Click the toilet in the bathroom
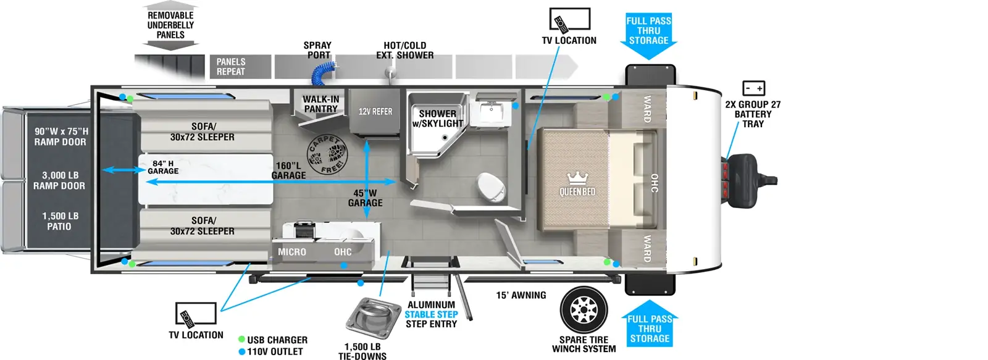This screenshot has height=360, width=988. click(492, 188)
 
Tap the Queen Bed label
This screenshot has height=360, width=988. click(577, 191)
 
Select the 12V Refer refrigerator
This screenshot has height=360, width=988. click(375, 112)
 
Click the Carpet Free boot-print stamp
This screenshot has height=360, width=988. click(327, 154)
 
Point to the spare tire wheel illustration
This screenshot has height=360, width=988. click(584, 310)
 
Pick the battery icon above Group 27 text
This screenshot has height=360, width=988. click(753, 88)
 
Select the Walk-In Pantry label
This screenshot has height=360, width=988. click(320, 104)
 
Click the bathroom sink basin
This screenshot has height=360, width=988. click(491, 112)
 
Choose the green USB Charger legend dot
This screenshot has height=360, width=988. click(241, 339)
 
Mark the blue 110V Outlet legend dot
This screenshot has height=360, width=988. click(241, 351)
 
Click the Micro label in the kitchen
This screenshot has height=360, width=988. click(292, 252)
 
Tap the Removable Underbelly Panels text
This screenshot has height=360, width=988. click(170, 25)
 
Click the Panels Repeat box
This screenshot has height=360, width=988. click(240, 67)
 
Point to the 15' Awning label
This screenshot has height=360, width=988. click(521, 295)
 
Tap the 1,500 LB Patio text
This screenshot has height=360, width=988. click(60, 221)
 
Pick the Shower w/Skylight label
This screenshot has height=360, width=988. click(438, 119)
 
